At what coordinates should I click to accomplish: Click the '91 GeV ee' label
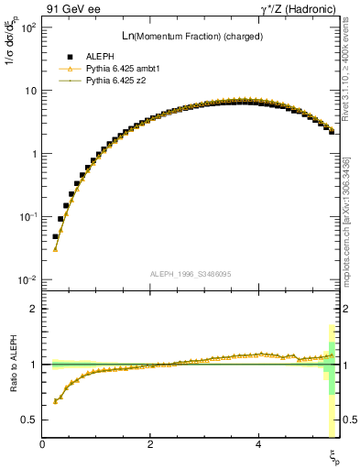pos(71,9)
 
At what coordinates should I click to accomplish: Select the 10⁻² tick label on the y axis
pos(29,279)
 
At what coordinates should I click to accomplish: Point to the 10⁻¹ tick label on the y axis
pos(29,217)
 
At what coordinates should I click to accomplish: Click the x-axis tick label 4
pos(258,444)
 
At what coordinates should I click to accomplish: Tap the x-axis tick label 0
pos(43,444)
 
